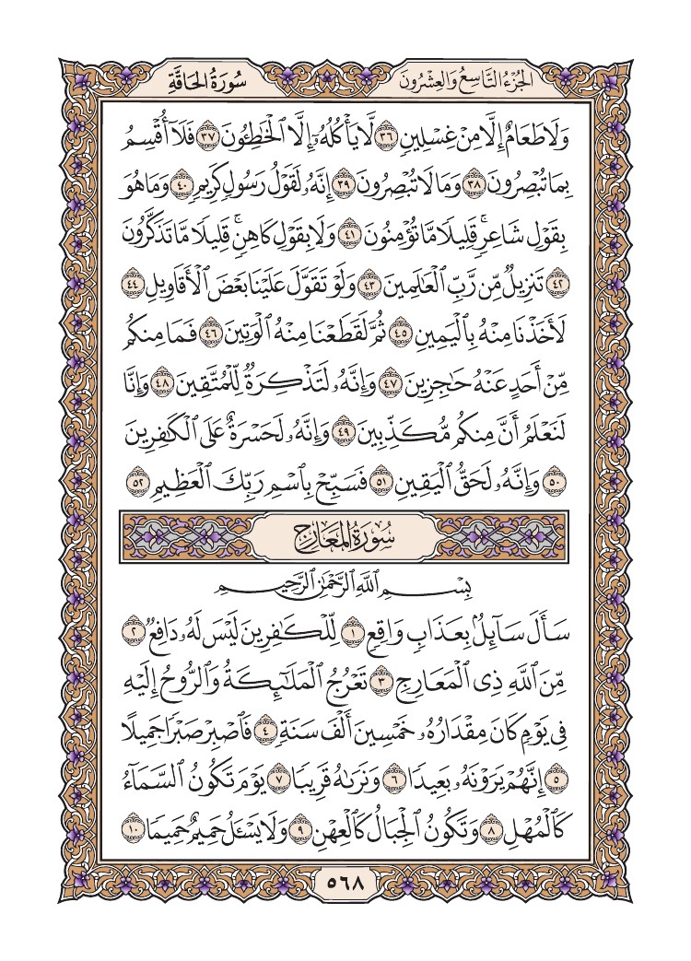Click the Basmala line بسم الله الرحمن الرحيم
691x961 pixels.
(345, 584)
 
